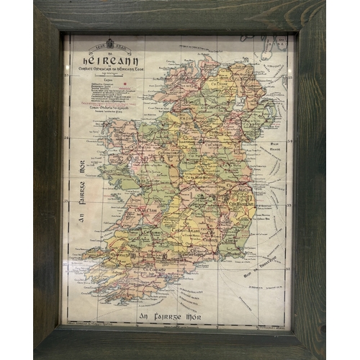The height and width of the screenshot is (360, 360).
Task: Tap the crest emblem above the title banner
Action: (x=109, y=43)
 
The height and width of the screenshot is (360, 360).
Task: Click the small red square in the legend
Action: (x=125, y=84)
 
